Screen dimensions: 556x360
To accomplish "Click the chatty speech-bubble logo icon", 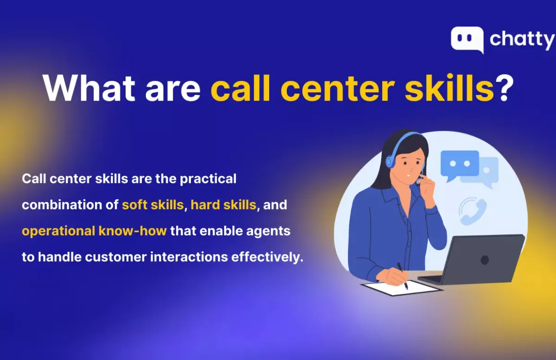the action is point(467,40).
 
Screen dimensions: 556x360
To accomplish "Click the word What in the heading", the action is point(89,88).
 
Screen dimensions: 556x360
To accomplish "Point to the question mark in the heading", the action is point(504,88).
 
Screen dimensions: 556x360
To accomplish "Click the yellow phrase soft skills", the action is point(152,205).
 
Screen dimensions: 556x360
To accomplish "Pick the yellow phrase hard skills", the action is point(223,205).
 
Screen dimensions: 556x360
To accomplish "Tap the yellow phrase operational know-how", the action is point(94,231).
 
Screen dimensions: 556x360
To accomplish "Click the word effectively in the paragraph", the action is point(267,257).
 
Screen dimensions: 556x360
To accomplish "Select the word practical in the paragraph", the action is point(208,179).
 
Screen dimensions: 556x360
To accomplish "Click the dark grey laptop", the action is point(472,259).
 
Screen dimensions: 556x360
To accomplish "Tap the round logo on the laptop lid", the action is point(485,260).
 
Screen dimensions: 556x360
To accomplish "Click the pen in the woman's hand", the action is point(402,276).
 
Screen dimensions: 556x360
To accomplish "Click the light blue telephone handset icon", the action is point(473,211).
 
